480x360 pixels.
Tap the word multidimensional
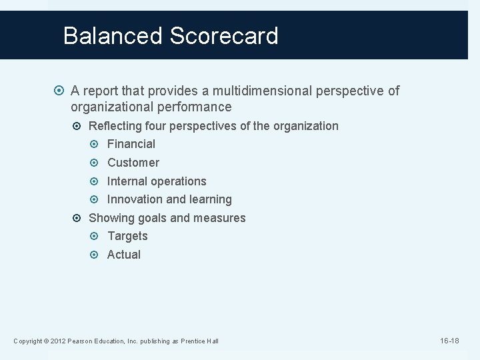[254, 91]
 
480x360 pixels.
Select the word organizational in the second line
[110, 107]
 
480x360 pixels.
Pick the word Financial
[131, 144]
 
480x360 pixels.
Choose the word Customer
[133, 163]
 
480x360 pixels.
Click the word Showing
[111, 218]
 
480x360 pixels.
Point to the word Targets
[128, 236]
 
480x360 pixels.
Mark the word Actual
[124, 255]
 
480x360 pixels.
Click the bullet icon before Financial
[97, 144]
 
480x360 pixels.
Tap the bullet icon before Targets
[97, 236]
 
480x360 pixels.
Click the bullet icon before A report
[61, 91]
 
